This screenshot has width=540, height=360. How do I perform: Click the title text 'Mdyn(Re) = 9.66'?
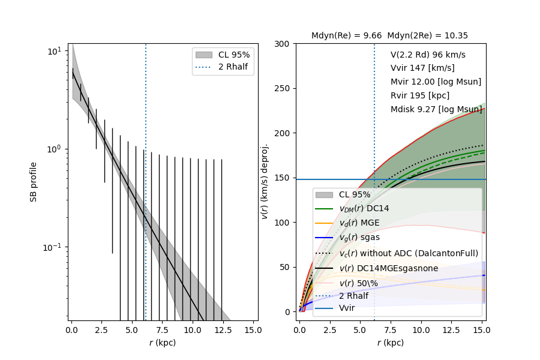346,36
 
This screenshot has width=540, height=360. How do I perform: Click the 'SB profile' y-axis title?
34,181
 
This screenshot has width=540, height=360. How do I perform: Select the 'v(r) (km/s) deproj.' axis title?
265,181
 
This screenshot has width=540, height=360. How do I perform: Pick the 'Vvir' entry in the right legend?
347,308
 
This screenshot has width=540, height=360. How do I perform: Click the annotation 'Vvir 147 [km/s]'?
422,68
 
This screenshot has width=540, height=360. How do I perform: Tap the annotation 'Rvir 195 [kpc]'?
420,95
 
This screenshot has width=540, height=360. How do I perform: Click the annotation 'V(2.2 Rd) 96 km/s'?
428,55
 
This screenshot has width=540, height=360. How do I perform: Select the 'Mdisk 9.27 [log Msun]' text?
436,109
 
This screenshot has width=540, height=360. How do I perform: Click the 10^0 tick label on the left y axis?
54,149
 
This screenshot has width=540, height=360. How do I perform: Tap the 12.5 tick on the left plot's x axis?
222,330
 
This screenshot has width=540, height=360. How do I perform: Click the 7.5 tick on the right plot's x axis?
391,330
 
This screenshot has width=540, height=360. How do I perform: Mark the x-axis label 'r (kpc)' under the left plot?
163,343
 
